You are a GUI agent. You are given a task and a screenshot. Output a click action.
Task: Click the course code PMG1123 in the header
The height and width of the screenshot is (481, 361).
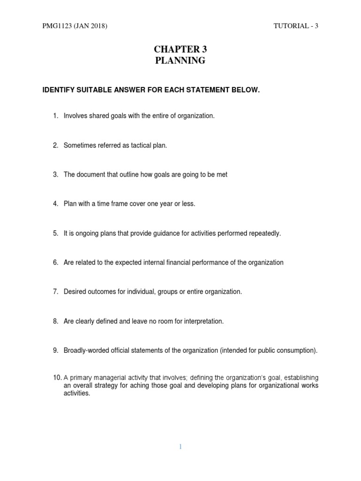coord(56,26)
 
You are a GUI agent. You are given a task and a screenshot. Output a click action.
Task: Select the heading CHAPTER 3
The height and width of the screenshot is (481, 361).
coord(180,49)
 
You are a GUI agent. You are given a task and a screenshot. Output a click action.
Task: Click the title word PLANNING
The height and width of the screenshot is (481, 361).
coord(180,60)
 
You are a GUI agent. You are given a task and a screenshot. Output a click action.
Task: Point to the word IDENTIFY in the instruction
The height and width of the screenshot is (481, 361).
coord(59,90)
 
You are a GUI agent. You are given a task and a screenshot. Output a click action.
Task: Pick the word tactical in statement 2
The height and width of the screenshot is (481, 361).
coord(138,145)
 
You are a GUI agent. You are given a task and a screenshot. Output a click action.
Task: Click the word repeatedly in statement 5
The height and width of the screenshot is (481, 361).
coord(264,233)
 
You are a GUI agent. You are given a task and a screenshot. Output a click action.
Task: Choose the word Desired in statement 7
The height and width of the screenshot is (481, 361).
coord(75,292)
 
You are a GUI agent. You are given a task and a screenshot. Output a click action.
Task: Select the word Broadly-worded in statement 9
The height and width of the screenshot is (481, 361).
coord(86,350)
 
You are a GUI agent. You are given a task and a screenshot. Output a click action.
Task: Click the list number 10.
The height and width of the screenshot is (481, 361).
coord(57,377)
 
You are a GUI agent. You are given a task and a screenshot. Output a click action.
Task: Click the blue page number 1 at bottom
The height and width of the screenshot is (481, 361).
coord(180,447)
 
